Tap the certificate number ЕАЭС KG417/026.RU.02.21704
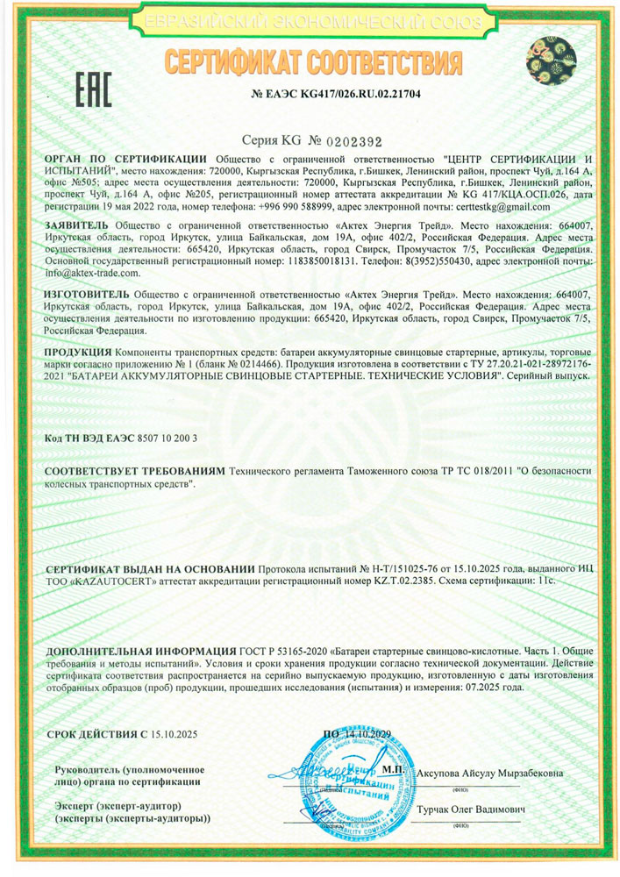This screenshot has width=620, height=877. [349, 93]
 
